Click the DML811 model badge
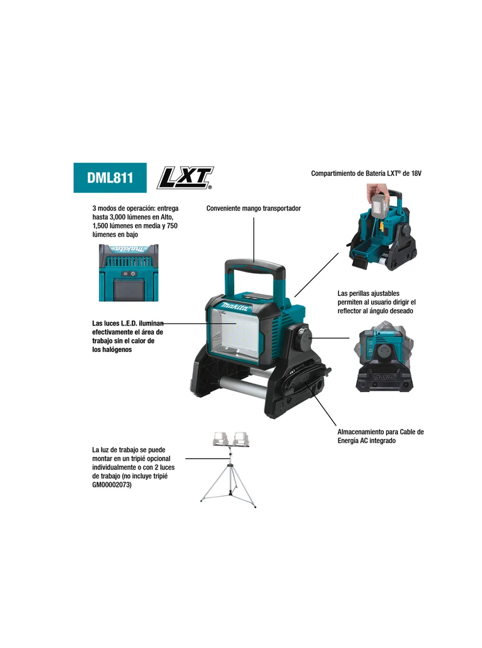(110, 178)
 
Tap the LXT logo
(185, 178)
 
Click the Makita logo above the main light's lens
(236, 307)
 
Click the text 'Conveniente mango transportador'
(254, 209)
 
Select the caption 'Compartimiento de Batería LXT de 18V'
(366, 174)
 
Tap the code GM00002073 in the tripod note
(112, 485)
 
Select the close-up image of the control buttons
(128, 272)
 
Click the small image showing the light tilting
(384, 356)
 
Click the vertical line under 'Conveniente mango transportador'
(254, 239)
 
